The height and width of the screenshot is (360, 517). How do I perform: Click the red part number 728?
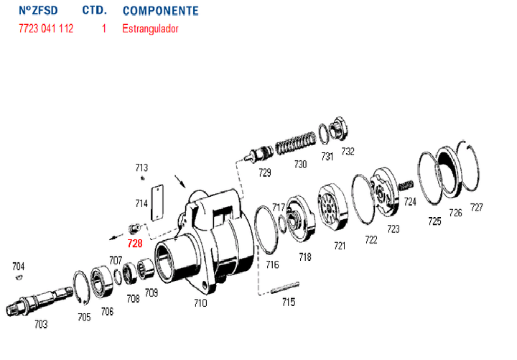tap(135, 244)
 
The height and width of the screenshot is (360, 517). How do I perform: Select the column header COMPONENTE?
tap(161, 11)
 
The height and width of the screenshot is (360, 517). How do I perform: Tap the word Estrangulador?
tap(151, 29)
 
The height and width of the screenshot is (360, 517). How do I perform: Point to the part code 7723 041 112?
tap(46, 29)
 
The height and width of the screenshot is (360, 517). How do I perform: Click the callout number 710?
tap(200, 303)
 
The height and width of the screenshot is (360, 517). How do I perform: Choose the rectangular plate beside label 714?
tap(158, 203)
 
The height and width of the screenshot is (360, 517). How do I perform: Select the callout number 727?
tap(477, 208)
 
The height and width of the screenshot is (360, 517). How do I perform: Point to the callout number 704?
tap(18, 266)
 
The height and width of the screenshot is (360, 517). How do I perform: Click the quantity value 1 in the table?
tap(104, 29)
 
